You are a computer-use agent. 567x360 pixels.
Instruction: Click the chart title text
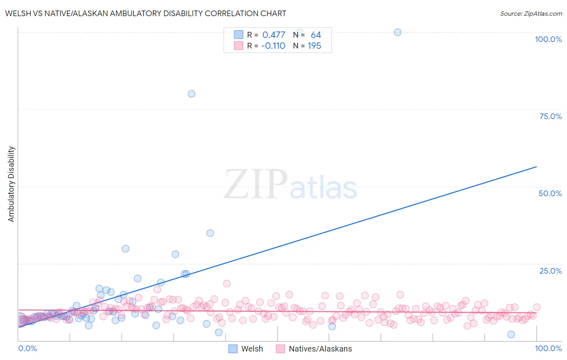click(x=146, y=13)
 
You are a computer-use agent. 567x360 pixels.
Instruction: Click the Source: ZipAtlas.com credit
click(x=531, y=13)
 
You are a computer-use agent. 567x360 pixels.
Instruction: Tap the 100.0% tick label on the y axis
click(x=548, y=39)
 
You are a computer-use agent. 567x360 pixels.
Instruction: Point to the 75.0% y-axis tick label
click(x=550, y=116)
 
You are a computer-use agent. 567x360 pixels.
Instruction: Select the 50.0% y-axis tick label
click(x=550, y=193)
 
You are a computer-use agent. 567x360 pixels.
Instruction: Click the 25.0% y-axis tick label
click(x=550, y=270)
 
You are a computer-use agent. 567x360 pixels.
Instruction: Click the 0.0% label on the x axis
click(x=27, y=348)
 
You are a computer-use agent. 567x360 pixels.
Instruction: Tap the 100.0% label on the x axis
click(x=548, y=348)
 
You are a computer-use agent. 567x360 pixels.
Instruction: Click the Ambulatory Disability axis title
click(x=11, y=184)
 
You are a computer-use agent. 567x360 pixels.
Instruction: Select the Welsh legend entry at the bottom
click(x=246, y=349)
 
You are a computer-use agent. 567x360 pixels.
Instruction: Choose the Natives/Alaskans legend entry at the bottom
click(x=314, y=349)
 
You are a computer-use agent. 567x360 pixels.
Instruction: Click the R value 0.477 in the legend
click(x=273, y=35)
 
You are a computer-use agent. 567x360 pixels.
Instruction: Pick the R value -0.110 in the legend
click(x=273, y=46)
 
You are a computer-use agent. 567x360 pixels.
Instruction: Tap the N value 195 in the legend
click(x=314, y=46)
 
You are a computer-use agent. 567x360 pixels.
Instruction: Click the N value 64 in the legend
click(x=316, y=35)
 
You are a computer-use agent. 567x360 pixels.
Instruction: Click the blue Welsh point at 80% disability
click(x=192, y=94)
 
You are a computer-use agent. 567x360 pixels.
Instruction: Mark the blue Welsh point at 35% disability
click(x=210, y=233)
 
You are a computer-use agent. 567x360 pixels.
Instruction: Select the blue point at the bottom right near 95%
click(x=511, y=334)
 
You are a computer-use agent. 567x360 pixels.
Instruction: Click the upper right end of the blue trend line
click(x=536, y=167)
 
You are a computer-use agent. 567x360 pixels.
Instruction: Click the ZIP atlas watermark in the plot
click(x=290, y=185)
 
